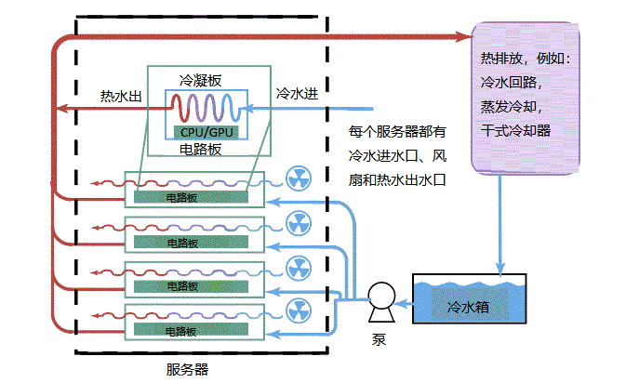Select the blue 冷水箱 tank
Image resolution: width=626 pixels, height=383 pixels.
pyautogui.click(x=469, y=302)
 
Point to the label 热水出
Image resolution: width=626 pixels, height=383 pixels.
pyautogui.click(x=120, y=95)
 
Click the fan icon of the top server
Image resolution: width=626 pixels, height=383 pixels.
pyautogui.click(x=297, y=178)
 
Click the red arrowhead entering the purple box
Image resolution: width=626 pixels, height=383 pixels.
pyautogui.click(x=465, y=36)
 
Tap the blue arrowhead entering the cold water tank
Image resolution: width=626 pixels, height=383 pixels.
pyautogui.click(x=501, y=271)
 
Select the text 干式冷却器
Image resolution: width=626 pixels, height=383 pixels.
pyautogui.click(x=515, y=130)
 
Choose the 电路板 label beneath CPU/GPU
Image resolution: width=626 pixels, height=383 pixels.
pyautogui.click(x=198, y=149)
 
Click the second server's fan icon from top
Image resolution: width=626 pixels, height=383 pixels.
pyautogui.click(x=297, y=222)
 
